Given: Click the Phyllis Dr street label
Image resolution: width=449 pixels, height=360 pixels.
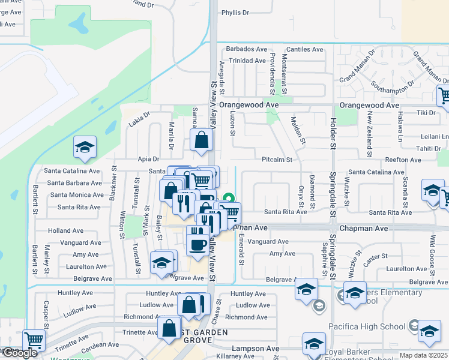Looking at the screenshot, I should pos(235,13).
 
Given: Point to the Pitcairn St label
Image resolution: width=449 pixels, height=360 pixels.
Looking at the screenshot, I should pos(277,160).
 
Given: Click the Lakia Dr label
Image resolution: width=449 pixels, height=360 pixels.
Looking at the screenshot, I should pos(139,123).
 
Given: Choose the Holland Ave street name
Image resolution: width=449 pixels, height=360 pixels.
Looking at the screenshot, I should pos(65,230).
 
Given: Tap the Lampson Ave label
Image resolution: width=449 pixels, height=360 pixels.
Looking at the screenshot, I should pos(256,348).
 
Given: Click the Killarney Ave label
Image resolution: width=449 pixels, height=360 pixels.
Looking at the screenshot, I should pos(237,356).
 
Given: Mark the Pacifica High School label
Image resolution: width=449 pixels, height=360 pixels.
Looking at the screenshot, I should pos(367,326).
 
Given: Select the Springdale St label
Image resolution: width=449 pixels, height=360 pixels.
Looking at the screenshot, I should pos(331,198).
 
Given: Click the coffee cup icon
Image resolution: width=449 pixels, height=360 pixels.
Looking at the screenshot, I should pos(198,244).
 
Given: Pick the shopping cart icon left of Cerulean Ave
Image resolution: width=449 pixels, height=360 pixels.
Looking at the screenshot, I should pos(34,340).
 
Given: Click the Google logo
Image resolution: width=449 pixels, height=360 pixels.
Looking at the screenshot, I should pos(19,353).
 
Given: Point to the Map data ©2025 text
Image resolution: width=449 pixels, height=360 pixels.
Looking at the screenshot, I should pos(424,355).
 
